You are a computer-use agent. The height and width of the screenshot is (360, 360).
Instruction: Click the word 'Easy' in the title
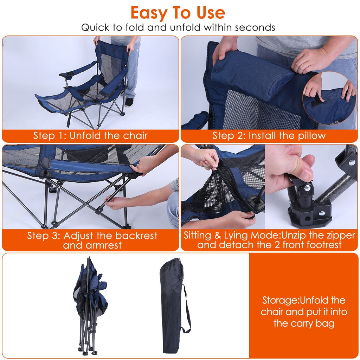pos(149,13)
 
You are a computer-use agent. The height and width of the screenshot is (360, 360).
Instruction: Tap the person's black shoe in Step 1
pos(129,102)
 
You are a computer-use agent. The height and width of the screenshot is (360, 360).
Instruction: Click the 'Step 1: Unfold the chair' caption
pos(90,136)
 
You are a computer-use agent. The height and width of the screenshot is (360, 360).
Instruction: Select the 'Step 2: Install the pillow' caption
pos(269,136)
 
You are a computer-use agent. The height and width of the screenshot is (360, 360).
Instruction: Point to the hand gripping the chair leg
pos(116,202)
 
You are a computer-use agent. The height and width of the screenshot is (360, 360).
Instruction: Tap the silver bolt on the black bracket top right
pos(352,162)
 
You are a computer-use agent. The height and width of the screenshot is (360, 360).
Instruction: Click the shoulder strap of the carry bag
pos(187,309)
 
